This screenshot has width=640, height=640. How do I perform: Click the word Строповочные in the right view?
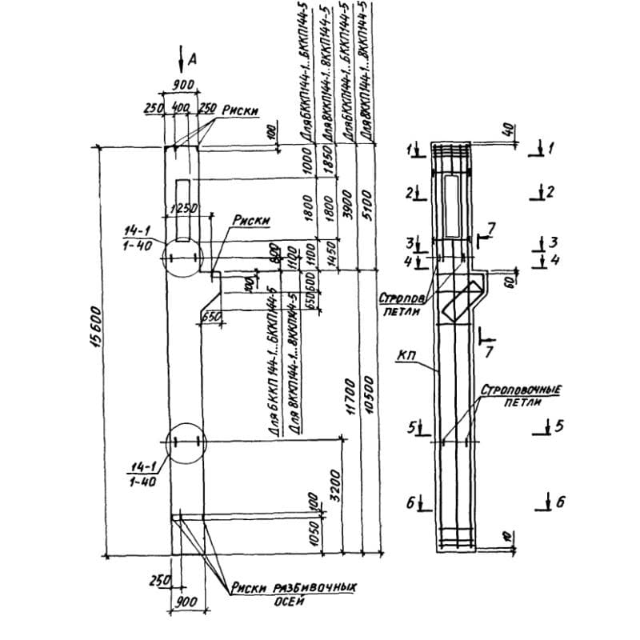(x=521, y=390)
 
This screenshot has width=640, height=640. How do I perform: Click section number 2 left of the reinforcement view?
(x=410, y=193)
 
